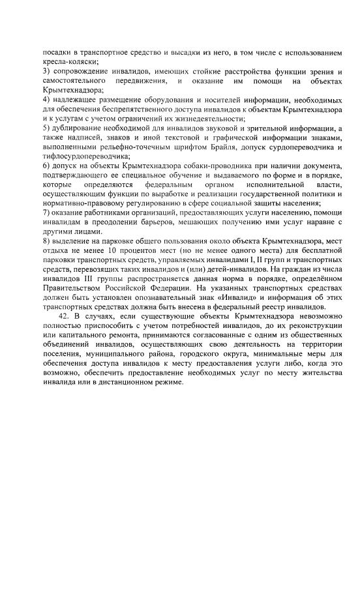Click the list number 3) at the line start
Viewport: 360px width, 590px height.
pos(46,69)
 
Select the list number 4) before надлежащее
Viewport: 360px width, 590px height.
pos(46,100)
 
